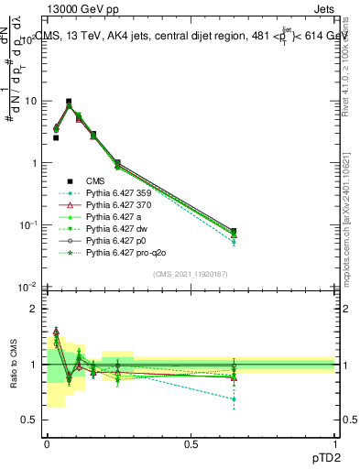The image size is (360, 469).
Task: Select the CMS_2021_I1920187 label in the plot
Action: point(191,273)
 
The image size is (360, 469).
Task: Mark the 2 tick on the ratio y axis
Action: point(36,310)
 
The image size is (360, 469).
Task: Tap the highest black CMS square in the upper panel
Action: point(69,102)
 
